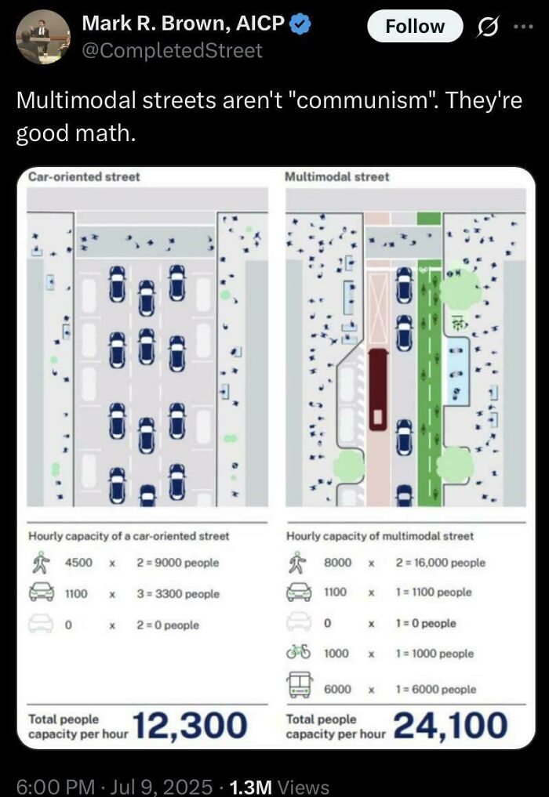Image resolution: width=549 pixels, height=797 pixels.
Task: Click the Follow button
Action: coord(415,27)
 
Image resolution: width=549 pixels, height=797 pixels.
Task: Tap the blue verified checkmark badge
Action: coord(300,24)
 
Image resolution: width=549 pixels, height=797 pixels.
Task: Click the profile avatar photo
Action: coord(42,37)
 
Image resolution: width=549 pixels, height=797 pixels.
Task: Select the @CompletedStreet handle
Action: coord(172,51)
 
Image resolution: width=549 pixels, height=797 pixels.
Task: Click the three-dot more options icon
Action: coord(521,27)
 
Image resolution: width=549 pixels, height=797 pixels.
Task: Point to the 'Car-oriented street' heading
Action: coord(84,177)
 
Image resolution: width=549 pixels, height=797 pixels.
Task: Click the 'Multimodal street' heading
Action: coord(338,177)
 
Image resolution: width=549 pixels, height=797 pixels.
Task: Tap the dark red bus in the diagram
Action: coord(378,389)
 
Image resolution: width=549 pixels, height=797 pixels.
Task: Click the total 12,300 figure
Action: coord(191,725)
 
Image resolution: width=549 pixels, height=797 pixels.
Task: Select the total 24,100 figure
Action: coord(450,725)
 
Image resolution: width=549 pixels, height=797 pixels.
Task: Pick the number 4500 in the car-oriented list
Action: coord(78,563)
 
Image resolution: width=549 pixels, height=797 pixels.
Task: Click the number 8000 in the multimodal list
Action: coord(337,563)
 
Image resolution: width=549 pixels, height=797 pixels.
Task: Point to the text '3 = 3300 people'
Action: coord(178,594)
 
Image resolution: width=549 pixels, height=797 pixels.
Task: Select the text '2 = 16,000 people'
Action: coord(441,563)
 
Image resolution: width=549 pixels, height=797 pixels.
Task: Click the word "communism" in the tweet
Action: coord(344,102)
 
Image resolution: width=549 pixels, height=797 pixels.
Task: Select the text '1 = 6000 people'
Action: coord(436,689)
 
